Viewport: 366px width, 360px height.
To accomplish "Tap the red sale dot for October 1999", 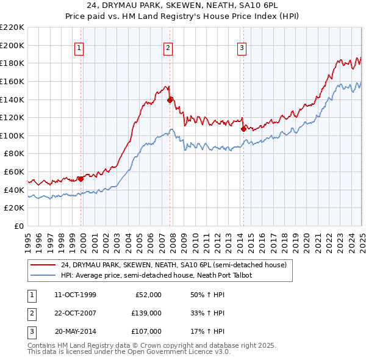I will pos(81,179).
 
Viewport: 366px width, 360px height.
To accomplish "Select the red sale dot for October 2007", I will pos(170,99).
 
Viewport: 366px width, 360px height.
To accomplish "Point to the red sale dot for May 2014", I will pos(243,129).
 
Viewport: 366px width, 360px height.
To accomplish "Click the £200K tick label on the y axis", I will pos(12,45).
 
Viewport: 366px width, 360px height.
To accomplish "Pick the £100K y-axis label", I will pos(12,135).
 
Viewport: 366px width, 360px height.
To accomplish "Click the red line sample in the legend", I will pos(43,265).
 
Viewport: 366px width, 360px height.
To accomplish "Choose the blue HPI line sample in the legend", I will pos(43,275).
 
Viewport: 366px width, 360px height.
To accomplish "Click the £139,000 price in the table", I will pos(146,313).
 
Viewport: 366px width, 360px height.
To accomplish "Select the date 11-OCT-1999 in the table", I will pos(75,295).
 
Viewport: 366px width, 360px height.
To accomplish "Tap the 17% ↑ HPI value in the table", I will pos(208,331).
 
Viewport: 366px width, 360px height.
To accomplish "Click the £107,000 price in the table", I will pos(146,331).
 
